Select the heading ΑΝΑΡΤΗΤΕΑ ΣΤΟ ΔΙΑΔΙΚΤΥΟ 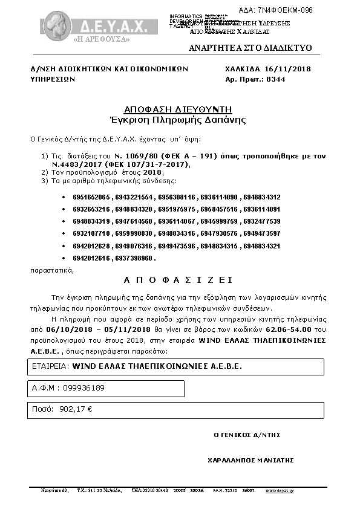click(250, 48)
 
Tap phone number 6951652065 click(91, 198)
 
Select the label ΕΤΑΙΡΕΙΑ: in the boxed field click(50, 366)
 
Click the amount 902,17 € click(76, 409)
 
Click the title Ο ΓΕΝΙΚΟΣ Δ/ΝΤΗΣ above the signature click(247, 435)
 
